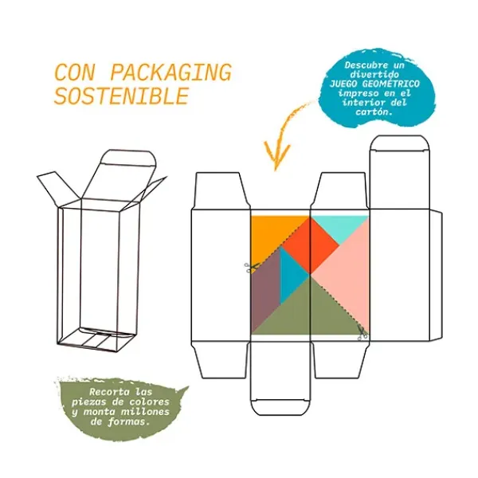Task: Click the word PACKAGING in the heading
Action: point(169,72)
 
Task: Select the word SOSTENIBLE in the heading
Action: point(121,96)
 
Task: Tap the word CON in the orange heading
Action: point(76,72)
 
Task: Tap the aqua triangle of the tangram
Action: point(339,226)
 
